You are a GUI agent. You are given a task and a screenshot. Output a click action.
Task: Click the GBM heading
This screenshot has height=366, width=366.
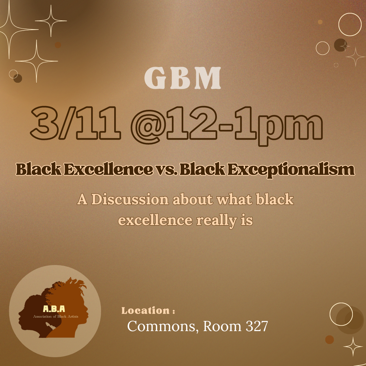pyautogui.click(x=183, y=78)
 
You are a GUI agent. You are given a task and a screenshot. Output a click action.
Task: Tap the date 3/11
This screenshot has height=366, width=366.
pyautogui.click(x=76, y=123)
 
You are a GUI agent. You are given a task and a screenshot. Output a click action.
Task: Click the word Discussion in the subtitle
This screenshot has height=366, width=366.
pyautogui.click(x=130, y=200)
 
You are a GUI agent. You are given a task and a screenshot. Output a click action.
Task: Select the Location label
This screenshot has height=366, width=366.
pyautogui.click(x=148, y=311)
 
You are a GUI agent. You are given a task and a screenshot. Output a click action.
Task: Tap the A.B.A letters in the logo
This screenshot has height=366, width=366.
pyautogui.click(x=54, y=309)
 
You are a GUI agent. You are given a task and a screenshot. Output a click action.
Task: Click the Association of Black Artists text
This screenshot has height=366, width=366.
pyautogui.click(x=56, y=317)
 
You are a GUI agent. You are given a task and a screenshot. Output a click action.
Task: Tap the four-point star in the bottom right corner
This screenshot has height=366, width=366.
pyautogui.click(x=353, y=347)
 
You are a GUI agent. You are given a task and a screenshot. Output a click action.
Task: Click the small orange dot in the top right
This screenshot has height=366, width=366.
pyautogui.click(x=320, y=22)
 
